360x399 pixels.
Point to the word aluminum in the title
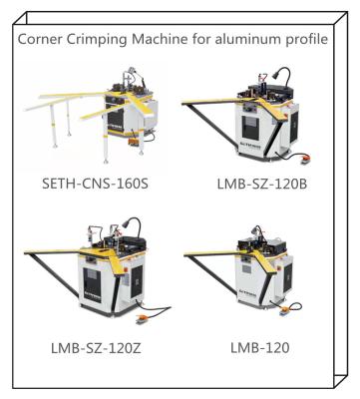click(x=255, y=40)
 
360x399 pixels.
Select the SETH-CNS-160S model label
click(x=101, y=186)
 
